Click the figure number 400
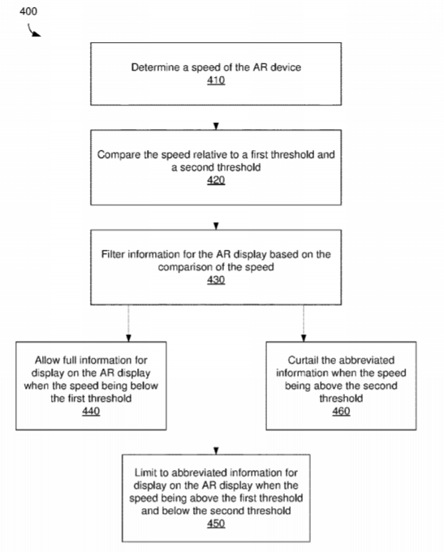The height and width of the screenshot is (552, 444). (x=28, y=11)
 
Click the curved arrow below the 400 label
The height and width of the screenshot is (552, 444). (x=33, y=31)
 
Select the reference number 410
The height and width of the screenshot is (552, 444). (x=216, y=80)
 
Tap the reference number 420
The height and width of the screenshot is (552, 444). (x=216, y=180)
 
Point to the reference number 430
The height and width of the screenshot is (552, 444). (x=216, y=280)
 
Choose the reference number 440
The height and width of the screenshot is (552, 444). (x=91, y=412)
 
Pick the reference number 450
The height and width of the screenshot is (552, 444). (x=216, y=524)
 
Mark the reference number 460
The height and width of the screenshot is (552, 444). (x=341, y=412)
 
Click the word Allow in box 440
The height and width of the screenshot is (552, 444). (x=47, y=360)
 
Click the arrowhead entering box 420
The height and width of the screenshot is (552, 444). (x=216, y=126)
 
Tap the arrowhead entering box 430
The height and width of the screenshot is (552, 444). (x=216, y=226)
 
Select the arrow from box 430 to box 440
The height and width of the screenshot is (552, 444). (x=128, y=323)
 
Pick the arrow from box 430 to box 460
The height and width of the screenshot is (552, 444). (x=304, y=323)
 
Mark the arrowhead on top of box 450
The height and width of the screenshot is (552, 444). (x=216, y=451)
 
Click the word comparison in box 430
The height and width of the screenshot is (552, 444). (x=188, y=267)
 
